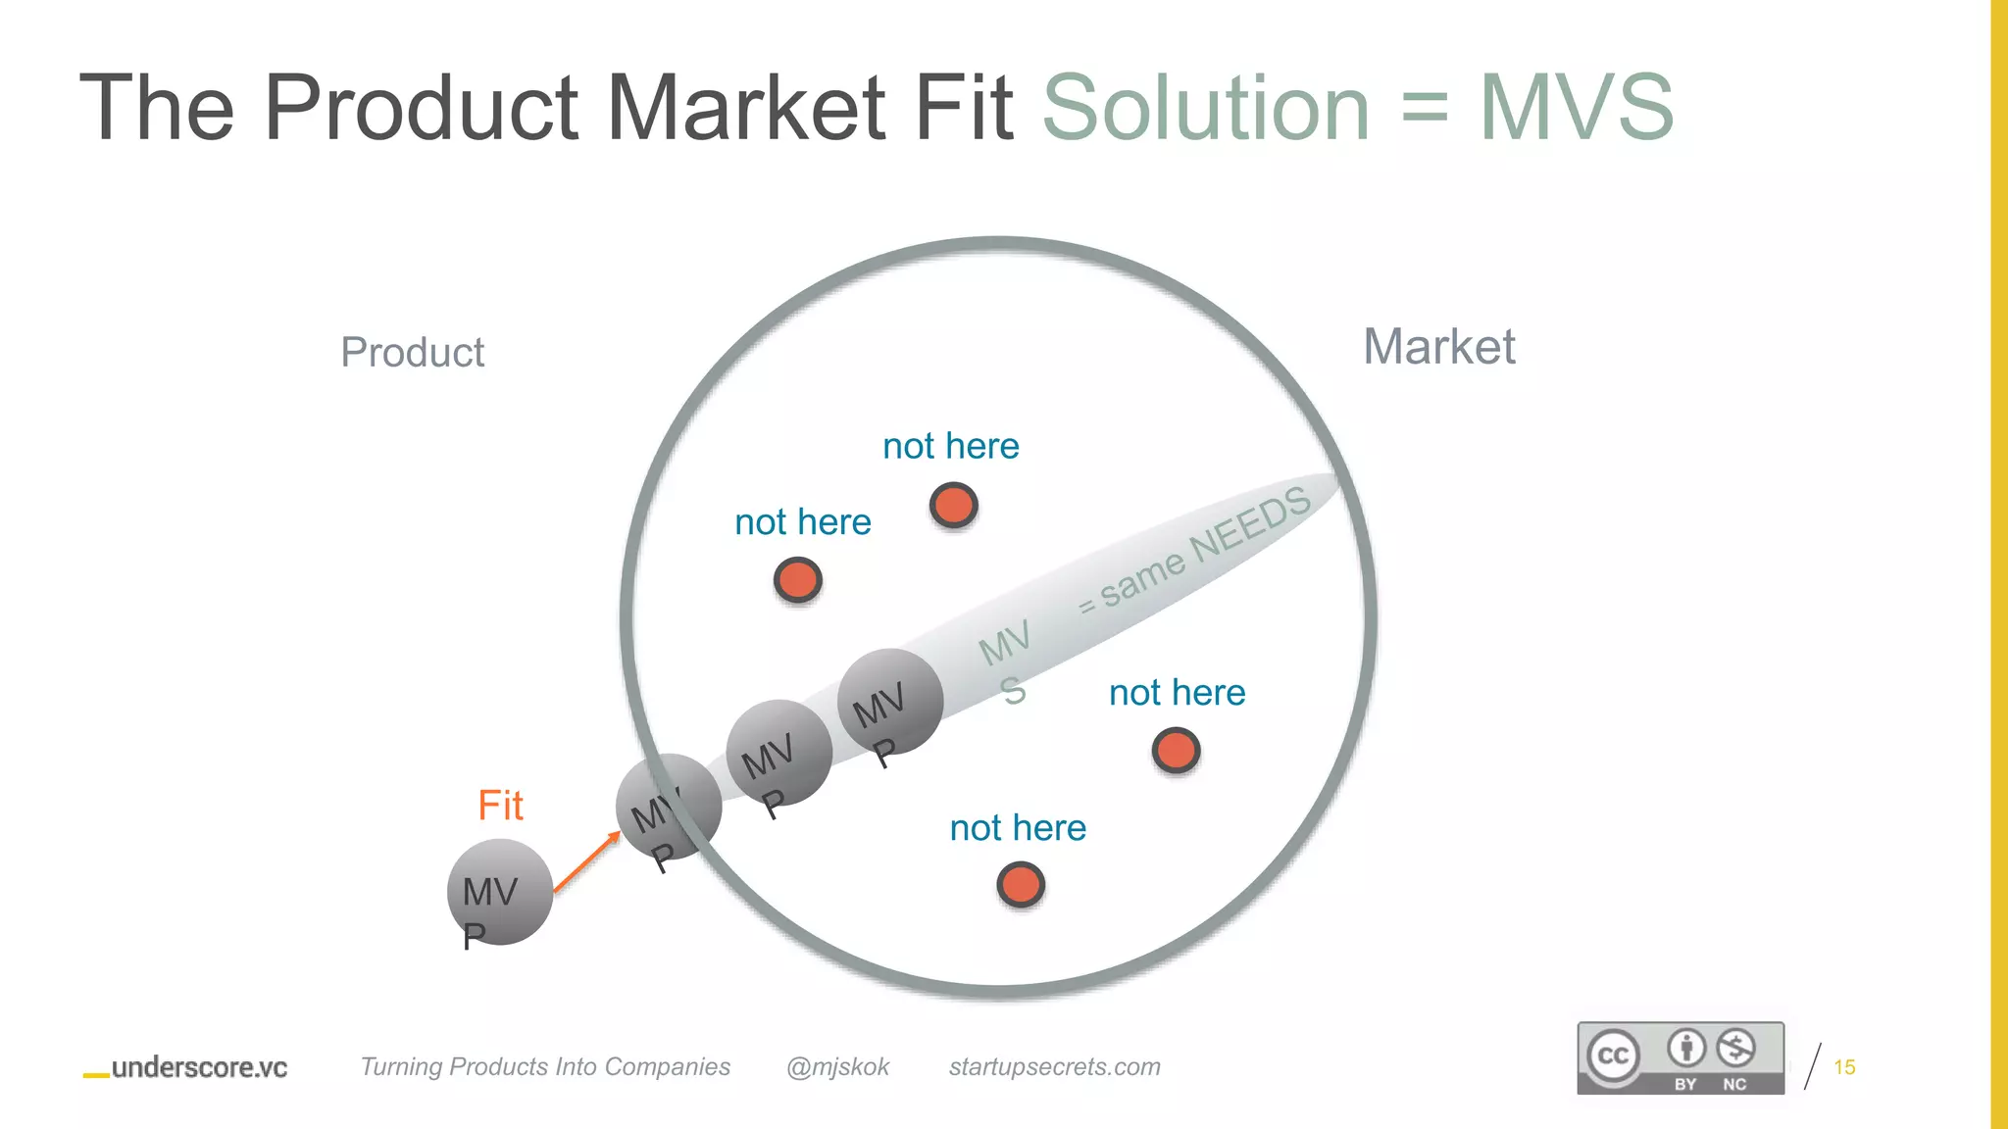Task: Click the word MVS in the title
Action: [x=1576, y=108]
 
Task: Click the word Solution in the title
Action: [x=1205, y=108]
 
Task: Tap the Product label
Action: [x=412, y=353]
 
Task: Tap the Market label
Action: [x=1438, y=347]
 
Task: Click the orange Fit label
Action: [x=500, y=806]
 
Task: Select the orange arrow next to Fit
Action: [x=587, y=861]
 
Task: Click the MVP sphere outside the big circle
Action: [x=499, y=892]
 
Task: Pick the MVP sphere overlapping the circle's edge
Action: [x=669, y=807]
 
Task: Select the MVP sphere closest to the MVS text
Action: [x=890, y=702]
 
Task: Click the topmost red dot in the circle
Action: [x=953, y=506]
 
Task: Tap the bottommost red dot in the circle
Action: [x=1021, y=885]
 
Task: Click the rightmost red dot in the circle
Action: [x=1176, y=752]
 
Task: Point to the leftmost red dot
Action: [x=797, y=580]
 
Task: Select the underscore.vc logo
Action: [x=186, y=1067]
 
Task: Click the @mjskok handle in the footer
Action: [x=837, y=1066]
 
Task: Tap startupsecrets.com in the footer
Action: [x=1054, y=1066]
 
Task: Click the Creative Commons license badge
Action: [x=1680, y=1057]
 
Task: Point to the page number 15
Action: [x=1844, y=1067]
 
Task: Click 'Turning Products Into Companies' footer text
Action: [x=545, y=1066]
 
